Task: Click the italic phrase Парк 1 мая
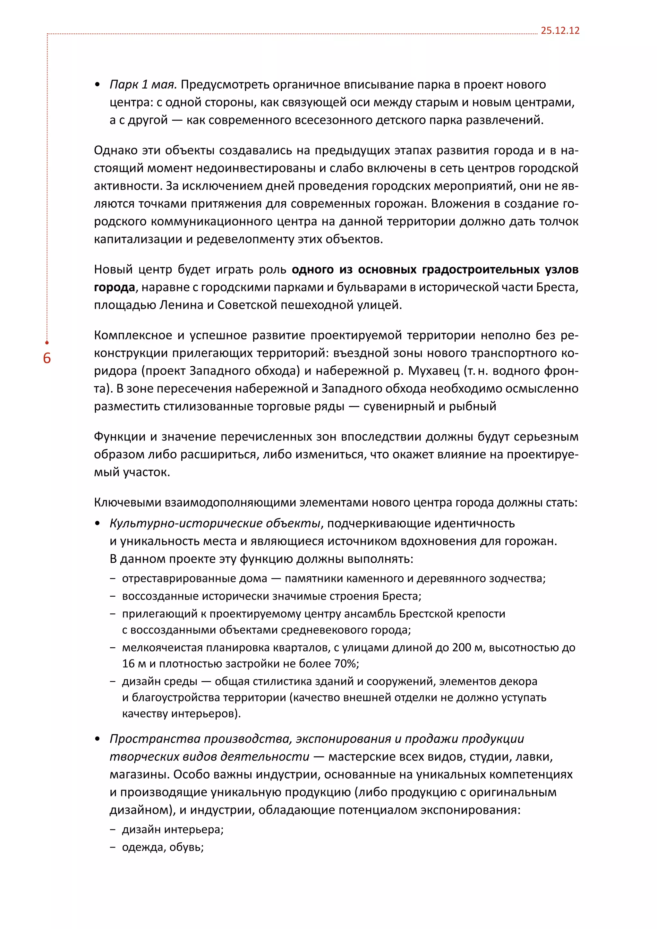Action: (x=143, y=85)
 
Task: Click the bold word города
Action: (x=114, y=287)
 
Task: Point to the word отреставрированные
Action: (x=195, y=579)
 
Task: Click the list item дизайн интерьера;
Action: (x=173, y=830)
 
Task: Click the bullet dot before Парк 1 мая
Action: (x=97, y=85)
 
